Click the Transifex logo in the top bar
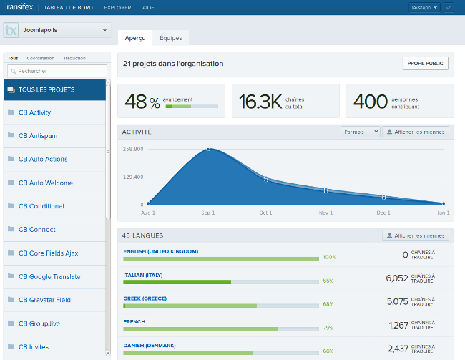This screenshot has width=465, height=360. [x=19, y=7]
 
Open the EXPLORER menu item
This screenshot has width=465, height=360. [x=117, y=7]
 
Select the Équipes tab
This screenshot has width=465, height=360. [x=170, y=37]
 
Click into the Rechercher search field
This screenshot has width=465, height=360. [x=57, y=72]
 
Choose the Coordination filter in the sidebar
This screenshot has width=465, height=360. [x=41, y=58]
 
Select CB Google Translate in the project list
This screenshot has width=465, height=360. [x=49, y=276]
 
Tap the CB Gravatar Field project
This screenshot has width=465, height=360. [x=44, y=300]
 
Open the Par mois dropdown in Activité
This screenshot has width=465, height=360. [x=361, y=132]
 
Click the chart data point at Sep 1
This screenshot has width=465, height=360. [x=208, y=149]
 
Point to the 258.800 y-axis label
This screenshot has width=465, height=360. [x=133, y=149]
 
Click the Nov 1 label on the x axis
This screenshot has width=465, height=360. [x=325, y=213]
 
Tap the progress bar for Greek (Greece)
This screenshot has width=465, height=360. [x=220, y=305]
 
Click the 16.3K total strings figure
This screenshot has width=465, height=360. [x=260, y=102]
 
